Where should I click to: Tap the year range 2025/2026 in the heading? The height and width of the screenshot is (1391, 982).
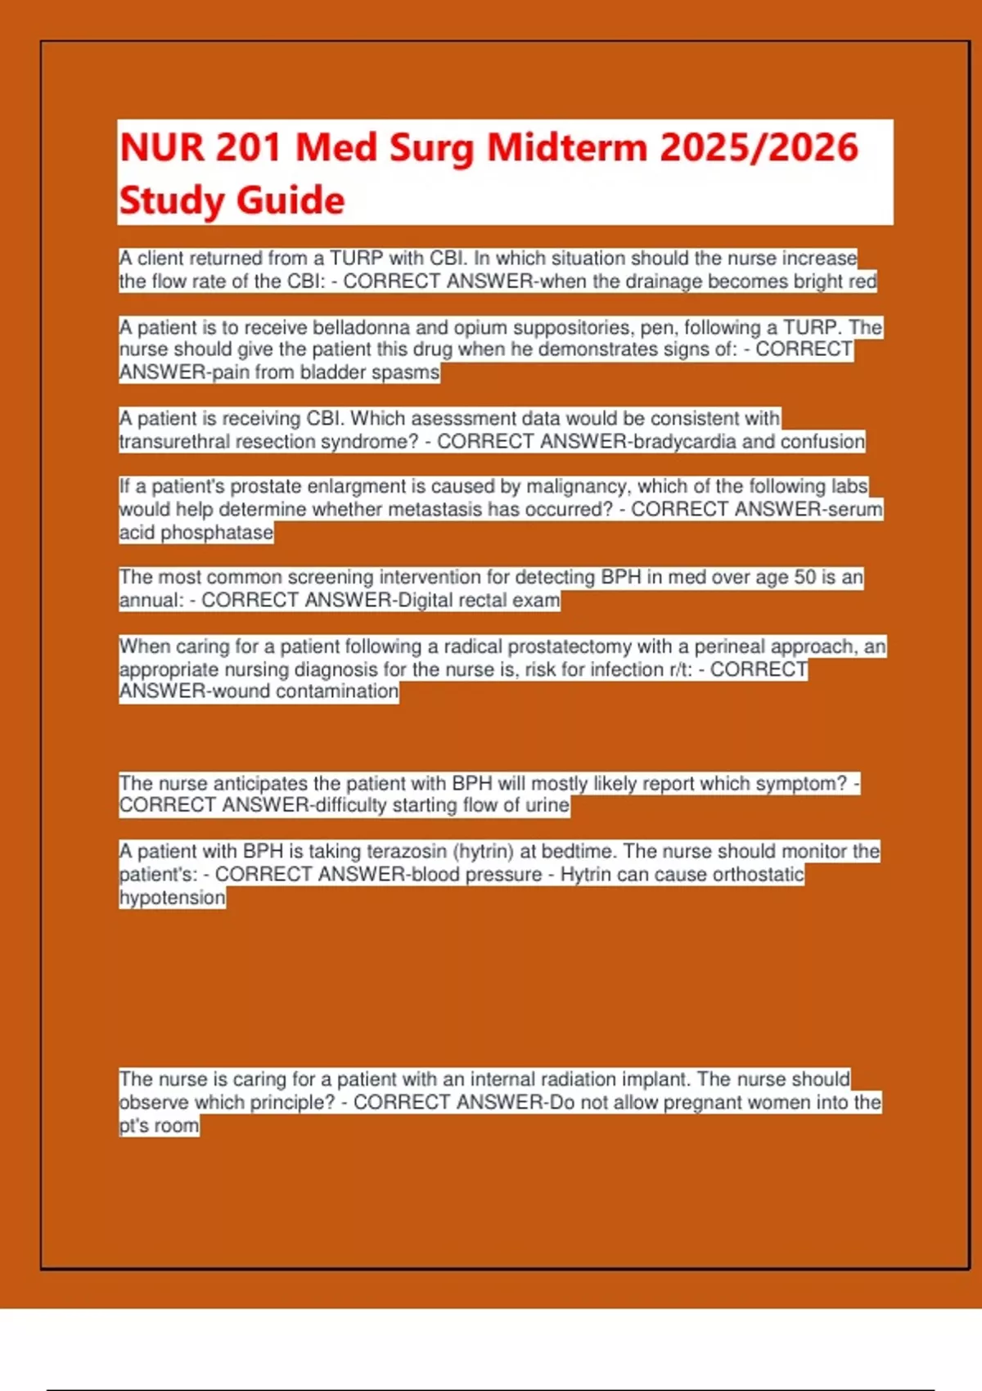click(759, 148)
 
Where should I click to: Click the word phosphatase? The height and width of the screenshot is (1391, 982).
click(217, 533)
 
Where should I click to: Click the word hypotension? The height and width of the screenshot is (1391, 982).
click(172, 898)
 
